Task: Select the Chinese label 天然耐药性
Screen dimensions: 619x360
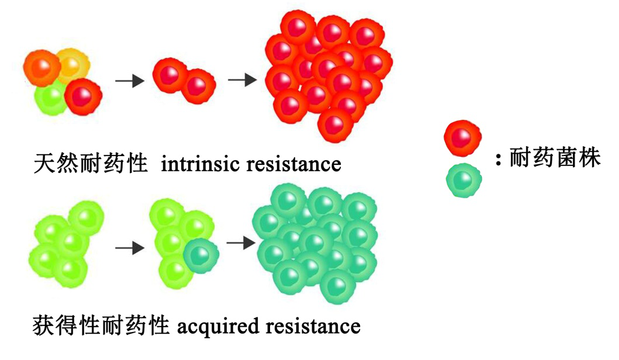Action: (91, 164)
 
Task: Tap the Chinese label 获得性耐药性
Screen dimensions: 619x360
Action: (101, 326)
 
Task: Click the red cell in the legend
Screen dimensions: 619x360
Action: (462, 138)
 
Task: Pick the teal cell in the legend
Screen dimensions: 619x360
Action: (464, 181)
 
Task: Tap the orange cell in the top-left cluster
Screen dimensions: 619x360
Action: (41, 68)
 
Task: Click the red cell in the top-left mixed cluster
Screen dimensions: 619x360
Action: (84, 96)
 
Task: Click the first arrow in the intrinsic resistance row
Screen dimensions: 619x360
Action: (130, 81)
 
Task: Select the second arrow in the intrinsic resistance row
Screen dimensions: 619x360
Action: (243, 79)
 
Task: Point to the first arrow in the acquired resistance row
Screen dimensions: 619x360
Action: (130, 248)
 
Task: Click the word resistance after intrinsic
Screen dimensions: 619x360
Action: (293, 164)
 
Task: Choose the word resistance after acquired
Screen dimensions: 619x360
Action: (313, 326)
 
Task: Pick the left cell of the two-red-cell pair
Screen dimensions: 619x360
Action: (170, 76)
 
